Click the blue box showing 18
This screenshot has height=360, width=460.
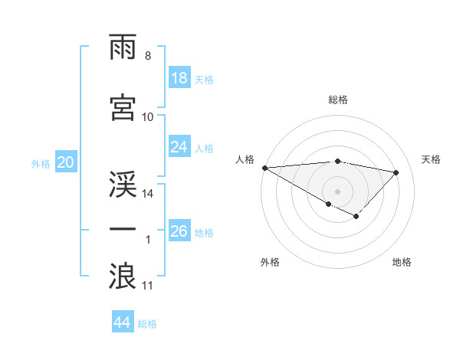coord(179,78)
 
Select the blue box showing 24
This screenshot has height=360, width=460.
coord(179,147)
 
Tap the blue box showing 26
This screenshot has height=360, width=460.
coord(179,231)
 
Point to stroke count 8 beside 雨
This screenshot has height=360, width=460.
coord(147,56)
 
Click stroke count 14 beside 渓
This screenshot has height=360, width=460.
coord(148,194)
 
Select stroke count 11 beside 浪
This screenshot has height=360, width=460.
coord(148,286)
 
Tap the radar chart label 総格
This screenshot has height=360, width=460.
coord(338,100)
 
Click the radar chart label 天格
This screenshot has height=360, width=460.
coord(432,159)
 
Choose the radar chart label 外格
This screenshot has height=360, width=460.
coord(270,262)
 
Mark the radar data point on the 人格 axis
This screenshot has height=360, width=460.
coord(264,168)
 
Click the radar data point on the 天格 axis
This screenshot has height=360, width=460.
coord(396,172)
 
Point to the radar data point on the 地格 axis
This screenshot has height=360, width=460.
coord(356,217)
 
